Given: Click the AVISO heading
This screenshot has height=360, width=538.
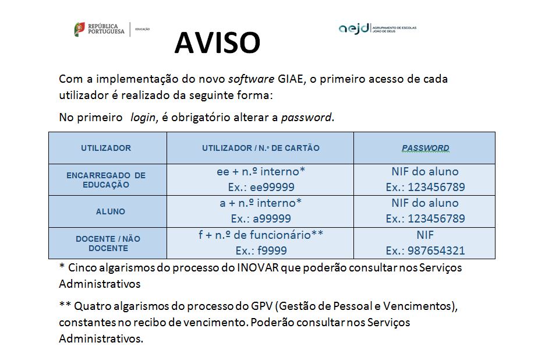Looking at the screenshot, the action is click(217, 43).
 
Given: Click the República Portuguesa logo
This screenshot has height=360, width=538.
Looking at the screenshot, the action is click(100, 29).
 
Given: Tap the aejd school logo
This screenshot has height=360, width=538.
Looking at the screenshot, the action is click(377, 28).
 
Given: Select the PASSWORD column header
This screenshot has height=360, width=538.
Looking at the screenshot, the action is click(425, 148).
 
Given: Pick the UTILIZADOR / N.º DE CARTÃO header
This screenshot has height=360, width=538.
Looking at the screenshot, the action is click(260, 148).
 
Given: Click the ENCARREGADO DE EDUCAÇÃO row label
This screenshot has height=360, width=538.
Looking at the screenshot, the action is click(106, 179).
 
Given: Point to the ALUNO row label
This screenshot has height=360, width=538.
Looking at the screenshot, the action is click(111, 211).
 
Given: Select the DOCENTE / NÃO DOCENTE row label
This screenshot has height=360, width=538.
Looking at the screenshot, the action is click(108, 243).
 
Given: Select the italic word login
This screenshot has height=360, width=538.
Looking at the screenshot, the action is click(143, 117).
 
